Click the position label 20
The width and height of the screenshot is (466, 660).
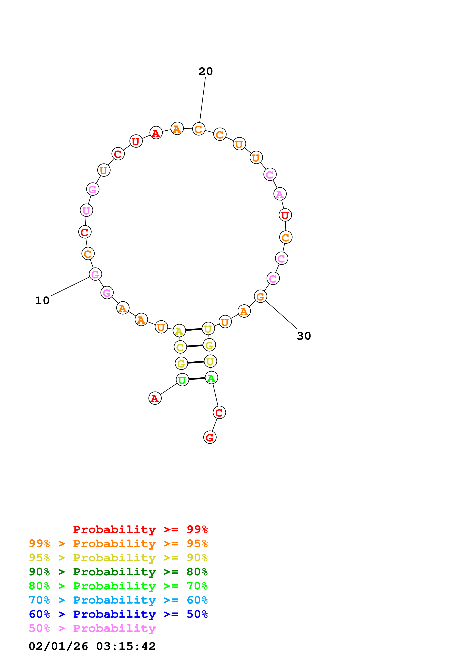(x=206, y=71)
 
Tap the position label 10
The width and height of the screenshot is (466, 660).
(x=42, y=300)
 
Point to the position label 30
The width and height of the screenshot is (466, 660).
(x=304, y=336)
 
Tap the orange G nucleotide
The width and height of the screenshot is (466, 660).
(x=260, y=296)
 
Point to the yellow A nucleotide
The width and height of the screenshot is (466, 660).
(x=179, y=331)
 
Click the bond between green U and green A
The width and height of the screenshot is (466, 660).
(x=197, y=379)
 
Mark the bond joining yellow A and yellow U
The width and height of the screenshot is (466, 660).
(x=194, y=329)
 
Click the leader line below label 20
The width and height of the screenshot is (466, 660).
(x=202, y=100)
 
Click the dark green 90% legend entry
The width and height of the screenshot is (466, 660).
(x=118, y=572)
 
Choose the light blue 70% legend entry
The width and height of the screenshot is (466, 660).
(x=118, y=600)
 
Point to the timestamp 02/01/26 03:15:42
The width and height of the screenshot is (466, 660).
(x=92, y=646)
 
